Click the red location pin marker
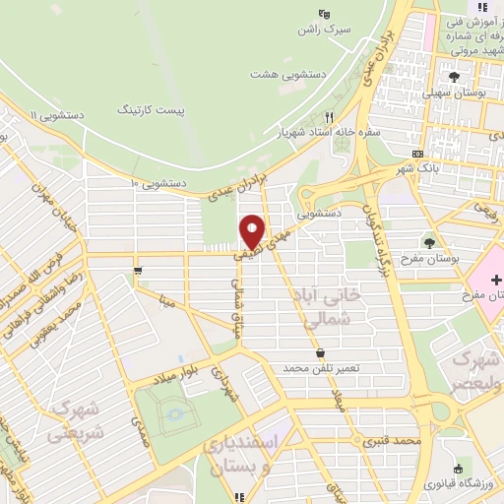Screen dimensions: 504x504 251,231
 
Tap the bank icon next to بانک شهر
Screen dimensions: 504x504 419,155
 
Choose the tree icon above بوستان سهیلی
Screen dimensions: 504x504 453,77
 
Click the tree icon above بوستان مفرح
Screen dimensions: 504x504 429,241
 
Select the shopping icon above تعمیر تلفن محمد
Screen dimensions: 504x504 319,352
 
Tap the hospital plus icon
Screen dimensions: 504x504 495,280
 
